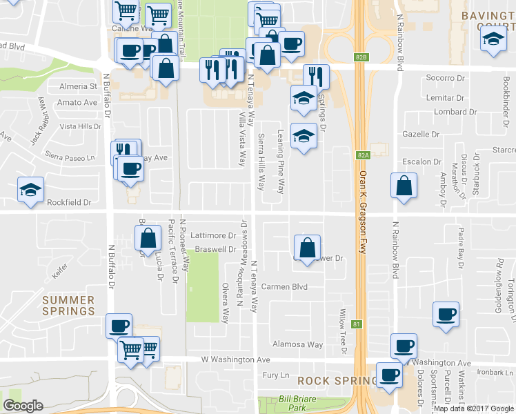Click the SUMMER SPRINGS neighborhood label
click(x=68, y=306)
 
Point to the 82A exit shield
click(x=364, y=156)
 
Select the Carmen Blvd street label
click(x=283, y=286)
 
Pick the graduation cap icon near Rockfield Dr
click(x=30, y=191)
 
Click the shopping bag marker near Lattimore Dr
click(x=148, y=239)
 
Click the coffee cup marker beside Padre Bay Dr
click(x=446, y=313)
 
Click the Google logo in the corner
click(x=23, y=406)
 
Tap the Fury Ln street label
click(x=275, y=375)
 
